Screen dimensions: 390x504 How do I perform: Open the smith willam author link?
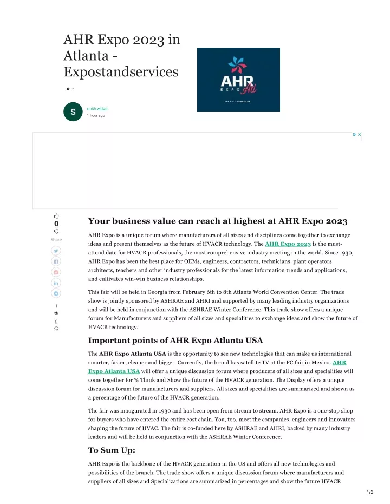pos(97,108)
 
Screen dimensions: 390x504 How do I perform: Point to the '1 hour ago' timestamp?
pos(96,115)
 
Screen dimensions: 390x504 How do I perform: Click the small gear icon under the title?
pos(68,88)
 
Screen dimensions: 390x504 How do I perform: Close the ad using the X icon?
pos(359,135)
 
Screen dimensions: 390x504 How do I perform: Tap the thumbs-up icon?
pos(56,215)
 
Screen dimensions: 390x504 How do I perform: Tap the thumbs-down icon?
pos(56,231)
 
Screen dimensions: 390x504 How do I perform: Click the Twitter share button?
pos(56,251)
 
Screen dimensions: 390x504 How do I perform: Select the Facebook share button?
pos(56,261)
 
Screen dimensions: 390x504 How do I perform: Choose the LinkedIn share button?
pos(56,283)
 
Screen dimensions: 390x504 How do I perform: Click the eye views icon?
pos(56,313)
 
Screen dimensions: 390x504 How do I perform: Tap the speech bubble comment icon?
pos(56,328)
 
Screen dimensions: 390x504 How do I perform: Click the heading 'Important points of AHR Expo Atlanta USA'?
pos(175,341)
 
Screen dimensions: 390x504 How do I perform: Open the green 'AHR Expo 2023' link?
pos(288,244)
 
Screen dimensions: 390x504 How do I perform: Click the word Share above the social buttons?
pos(56,239)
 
